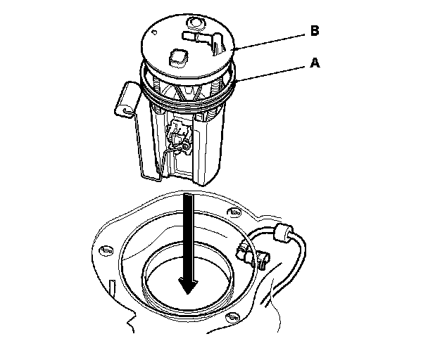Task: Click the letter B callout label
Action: (315, 30)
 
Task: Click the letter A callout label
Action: (315, 63)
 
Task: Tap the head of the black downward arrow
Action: (188, 285)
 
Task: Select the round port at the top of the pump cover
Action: (196, 23)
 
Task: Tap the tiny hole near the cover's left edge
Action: (154, 32)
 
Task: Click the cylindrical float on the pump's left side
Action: (127, 99)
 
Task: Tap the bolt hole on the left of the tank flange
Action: (106, 250)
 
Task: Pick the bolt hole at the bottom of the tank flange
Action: (232, 317)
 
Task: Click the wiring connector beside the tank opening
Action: (253, 255)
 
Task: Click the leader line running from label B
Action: (270, 41)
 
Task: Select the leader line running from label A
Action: (270, 74)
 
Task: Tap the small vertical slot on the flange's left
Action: (112, 288)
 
